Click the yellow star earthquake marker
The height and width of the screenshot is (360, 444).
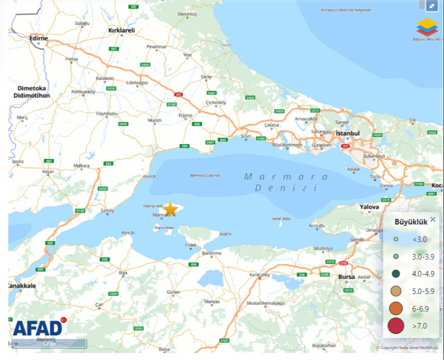coord(171,209)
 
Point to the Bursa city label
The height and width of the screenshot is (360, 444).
coord(346,276)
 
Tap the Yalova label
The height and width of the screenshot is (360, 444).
coord(369,206)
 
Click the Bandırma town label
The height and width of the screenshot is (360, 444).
coord(211,253)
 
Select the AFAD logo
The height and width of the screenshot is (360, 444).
coord(38,327)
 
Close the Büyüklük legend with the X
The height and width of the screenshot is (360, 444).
coord(432,219)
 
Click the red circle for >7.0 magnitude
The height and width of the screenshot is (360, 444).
coord(396,325)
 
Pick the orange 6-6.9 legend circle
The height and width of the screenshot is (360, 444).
coord(396,308)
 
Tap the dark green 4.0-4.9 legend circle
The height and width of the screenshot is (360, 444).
coord(396,273)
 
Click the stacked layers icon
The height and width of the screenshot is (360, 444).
coord(427,26)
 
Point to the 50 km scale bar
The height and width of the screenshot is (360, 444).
coord(49,344)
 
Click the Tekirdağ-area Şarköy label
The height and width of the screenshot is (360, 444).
coord(108,211)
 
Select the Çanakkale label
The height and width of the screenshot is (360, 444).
coord(21,285)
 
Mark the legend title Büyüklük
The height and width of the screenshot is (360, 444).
coord(411,222)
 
